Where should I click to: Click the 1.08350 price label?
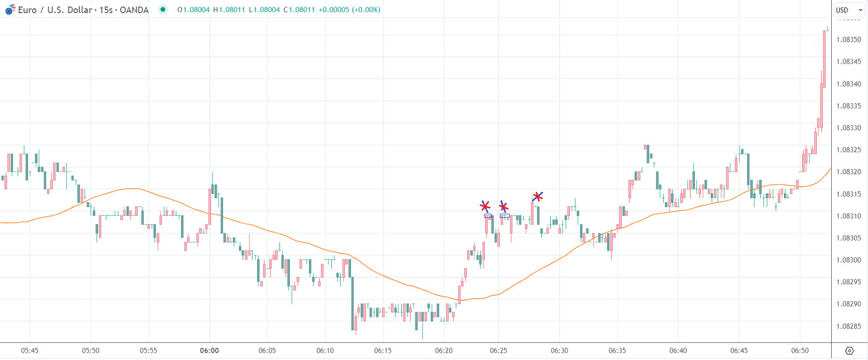tap(848, 39)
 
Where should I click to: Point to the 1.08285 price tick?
tap(848, 326)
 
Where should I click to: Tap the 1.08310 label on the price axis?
tap(848, 216)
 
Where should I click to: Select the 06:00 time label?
tap(209, 351)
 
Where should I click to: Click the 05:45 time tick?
tap(30, 351)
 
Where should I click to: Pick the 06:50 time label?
tap(800, 351)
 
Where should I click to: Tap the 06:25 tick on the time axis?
tap(498, 351)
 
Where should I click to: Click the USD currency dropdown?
tap(848, 10)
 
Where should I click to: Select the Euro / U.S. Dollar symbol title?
tap(54, 10)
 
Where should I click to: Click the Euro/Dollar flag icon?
tap(10, 9)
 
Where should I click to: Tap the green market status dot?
tap(163, 9)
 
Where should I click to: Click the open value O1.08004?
tap(193, 10)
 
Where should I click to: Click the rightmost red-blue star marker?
tap(538, 197)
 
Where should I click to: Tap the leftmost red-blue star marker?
tap(485, 206)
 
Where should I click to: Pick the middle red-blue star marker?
tap(503, 207)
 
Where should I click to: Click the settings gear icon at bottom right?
tap(849, 351)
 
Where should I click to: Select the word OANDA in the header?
tap(134, 10)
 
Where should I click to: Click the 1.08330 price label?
tap(848, 128)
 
